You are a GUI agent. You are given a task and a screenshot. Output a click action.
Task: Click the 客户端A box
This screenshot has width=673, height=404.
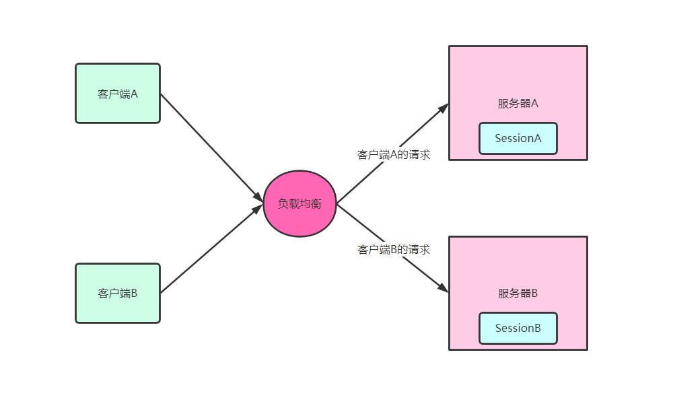118,108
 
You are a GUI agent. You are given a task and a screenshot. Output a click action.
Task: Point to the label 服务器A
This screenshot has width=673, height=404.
518,104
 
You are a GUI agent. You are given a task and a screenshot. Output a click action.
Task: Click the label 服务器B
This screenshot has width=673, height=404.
518,294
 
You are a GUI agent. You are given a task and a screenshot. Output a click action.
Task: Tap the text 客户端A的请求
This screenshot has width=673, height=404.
394,154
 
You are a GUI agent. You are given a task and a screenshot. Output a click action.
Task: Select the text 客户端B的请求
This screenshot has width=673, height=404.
394,250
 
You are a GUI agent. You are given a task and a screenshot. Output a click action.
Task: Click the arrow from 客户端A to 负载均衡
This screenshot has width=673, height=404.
209,145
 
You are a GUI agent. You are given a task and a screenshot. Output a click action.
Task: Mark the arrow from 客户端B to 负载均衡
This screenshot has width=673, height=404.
209,250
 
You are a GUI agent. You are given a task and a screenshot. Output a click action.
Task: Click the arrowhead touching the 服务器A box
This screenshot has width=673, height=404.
443,108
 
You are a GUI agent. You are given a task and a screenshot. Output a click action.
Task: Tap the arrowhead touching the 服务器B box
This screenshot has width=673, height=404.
443,288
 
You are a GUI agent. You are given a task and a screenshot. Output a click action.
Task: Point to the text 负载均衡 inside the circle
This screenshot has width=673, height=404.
299,203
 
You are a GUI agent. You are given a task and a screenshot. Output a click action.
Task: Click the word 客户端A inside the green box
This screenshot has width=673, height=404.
118,94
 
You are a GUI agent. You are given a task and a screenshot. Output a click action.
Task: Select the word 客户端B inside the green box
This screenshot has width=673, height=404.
118,294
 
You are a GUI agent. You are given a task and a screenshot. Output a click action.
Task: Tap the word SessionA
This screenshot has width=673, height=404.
518,139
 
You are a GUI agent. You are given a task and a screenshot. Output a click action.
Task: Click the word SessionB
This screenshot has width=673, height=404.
518,329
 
